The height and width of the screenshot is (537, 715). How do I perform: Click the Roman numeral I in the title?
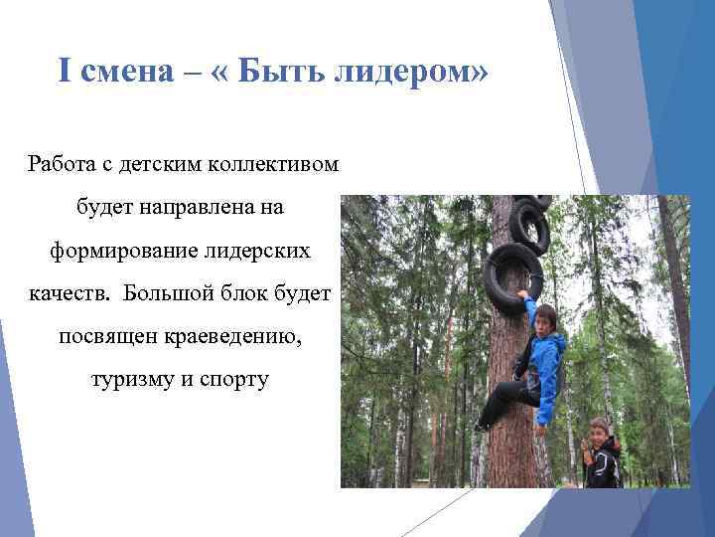pyautogui.click(x=65, y=72)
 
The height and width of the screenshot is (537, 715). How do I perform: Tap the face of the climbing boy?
pyautogui.click(x=544, y=319)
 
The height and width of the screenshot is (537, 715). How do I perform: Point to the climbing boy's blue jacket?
pyautogui.click(x=543, y=363)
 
